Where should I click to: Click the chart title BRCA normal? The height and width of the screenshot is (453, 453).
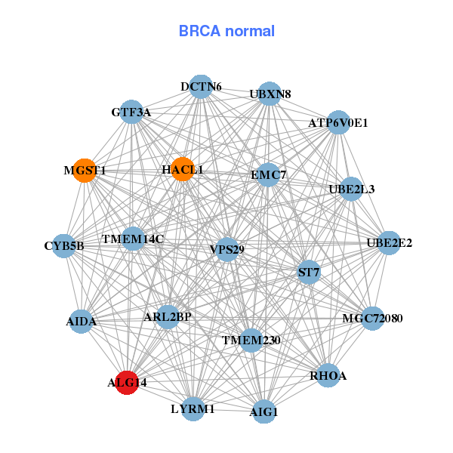(x=226, y=31)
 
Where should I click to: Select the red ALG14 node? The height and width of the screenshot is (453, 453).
(x=126, y=383)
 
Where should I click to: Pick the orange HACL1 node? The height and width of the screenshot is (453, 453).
(x=182, y=170)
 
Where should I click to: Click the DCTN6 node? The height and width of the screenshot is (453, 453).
(x=200, y=87)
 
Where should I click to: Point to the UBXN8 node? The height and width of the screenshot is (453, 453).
(x=270, y=94)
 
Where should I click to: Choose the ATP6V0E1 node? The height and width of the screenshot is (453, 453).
(x=338, y=122)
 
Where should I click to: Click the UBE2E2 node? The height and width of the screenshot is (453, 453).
(x=389, y=242)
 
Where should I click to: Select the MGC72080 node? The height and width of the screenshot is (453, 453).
(x=373, y=318)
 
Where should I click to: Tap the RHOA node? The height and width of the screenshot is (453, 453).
(x=328, y=375)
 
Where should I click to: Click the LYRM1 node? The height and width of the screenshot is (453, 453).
(x=193, y=408)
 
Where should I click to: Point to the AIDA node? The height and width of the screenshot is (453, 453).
(x=82, y=322)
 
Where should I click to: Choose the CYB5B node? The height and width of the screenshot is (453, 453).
(x=64, y=245)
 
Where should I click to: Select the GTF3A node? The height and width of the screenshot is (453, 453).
(x=131, y=112)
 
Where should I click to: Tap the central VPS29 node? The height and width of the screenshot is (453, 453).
(x=227, y=249)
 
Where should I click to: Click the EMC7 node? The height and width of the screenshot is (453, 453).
(x=268, y=175)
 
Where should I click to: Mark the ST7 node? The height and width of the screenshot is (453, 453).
(x=309, y=271)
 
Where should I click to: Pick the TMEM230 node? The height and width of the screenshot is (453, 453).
(x=251, y=341)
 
